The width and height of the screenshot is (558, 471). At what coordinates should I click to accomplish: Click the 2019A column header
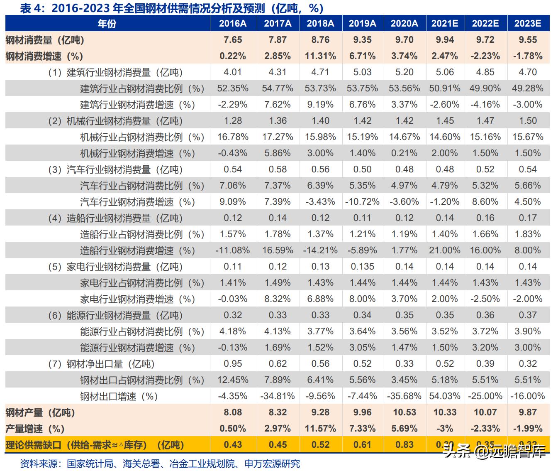pyautogui.click(x=362, y=23)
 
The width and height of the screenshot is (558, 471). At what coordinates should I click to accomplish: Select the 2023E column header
pyautogui.click(x=528, y=23)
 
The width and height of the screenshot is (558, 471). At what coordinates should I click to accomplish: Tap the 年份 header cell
pyautogui.click(x=107, y=24)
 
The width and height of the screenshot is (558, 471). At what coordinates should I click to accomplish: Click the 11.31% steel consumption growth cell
pyautogui.click(x=320, y=56)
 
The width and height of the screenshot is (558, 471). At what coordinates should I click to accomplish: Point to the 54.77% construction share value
pyautogui.click(x=278, y=88)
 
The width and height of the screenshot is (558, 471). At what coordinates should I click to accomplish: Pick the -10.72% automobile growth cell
pyautogui.click(x=362, y=202)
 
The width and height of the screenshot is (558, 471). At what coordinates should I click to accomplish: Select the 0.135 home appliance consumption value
pyautogui.click(x=362, y=267)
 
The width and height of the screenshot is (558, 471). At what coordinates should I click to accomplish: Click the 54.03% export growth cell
pyautogui.click(x=445, y=396)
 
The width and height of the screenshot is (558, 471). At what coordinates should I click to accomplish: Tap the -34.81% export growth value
pyautogui.click(x=278, y=396)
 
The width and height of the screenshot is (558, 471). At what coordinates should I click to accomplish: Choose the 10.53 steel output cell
pyautogui.click(x=404, y=412)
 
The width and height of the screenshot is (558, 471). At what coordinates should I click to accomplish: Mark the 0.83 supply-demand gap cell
pyautogui.click(x=404, y=445)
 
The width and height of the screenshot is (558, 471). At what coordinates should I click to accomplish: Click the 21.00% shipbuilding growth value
pyautogui.click(x=445, y=250)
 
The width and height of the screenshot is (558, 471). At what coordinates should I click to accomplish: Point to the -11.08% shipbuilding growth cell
pyautogui.click(x=233, y=250)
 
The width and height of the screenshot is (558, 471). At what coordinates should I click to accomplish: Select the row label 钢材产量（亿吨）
pyautogui.click(x=40, y=412)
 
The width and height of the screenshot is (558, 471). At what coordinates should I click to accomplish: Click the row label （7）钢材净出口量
pyautogui.click(x=102, y=364)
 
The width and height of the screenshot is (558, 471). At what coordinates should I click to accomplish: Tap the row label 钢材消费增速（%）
pyautogui.click(x=44, y=56)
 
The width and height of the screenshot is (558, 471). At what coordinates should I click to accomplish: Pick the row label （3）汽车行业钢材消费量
pyautogui.click(x=116, y=170)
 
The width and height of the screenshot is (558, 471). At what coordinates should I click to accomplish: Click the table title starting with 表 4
pyautogui.click(x=172, y=8)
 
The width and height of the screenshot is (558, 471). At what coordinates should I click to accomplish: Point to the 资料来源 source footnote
pyautogui.click(x=160, y=464)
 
